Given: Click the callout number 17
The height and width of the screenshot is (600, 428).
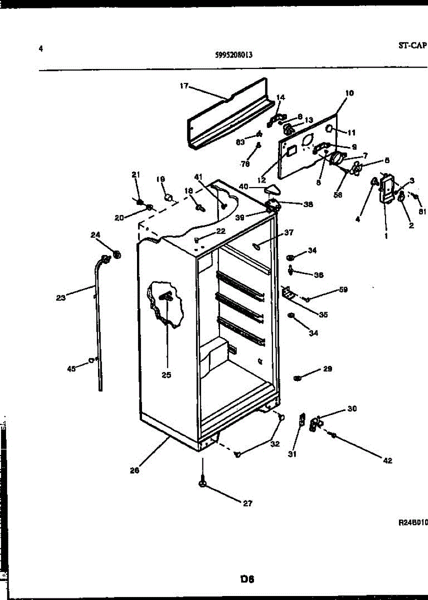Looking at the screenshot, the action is pyautogui.click(x=183, y=86).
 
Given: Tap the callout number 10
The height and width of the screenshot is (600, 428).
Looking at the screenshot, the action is pyautogui.click(x=349, y=93).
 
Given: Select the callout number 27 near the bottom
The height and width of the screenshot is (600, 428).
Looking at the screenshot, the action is pyautogui.click(x=247, y=503).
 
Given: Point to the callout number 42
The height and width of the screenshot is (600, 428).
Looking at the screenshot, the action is pyautogui.click(x=387, y=460).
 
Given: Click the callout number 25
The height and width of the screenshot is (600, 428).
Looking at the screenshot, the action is pyautogui.click(x=166, y=374).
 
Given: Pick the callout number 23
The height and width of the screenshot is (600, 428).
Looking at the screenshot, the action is pyautogui.click(x=60, y=298).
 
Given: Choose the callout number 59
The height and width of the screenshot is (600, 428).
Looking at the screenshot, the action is pyautogui.click(x=343, y=289).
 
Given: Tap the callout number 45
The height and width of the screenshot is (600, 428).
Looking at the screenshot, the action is pyautogui.click(x=71, y=368).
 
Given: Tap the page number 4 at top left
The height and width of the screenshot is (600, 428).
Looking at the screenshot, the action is pyautogui.click(x=41, y=48).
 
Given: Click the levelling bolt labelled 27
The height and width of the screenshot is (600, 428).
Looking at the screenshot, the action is pyautogui.click(x=202, y=484).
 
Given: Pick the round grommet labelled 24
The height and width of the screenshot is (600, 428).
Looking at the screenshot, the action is pyautogui.click(x=117, y=255).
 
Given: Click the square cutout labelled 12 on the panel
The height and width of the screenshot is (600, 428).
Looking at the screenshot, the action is pyautogui.click(x=292, y=148).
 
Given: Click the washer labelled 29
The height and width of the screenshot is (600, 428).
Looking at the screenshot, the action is pyautogui.click(x=297, y=376).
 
